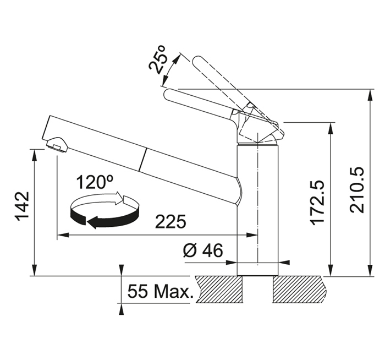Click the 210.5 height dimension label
(x=358, y=190)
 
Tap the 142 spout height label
(x=23, y=206)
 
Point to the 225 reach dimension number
(x=170, y=222)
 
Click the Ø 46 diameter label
(x=203, y=250)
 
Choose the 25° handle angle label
(x=158, y=59)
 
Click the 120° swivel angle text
(x=95, y=182)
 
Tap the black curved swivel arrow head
(x=91, y=223)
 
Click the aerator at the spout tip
(x=57, y=145)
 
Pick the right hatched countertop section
(x=300, y=289)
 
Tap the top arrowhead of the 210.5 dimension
(x=369, y=95)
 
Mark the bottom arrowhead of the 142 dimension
(x=35, y=270)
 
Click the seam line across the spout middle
(x=142, y=159)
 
